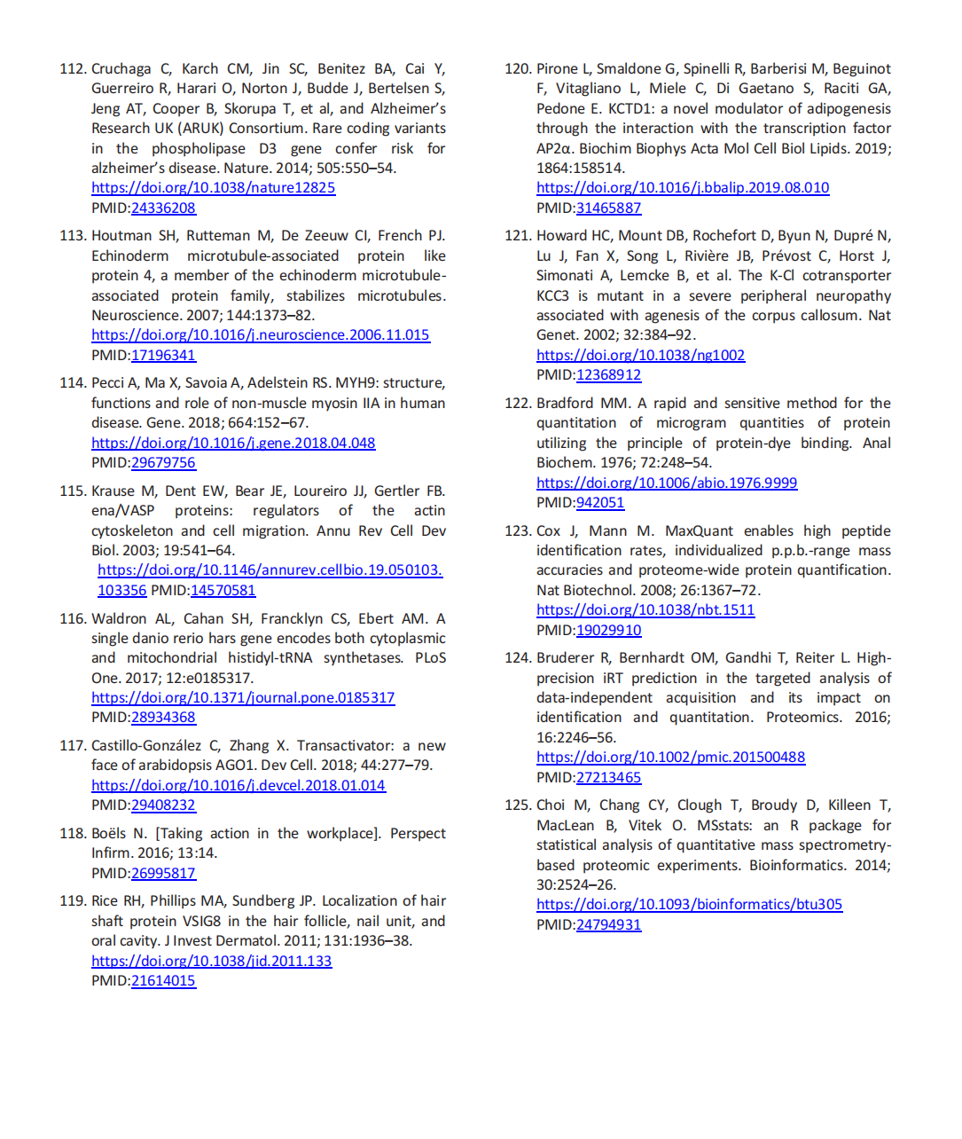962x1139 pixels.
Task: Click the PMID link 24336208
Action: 163,208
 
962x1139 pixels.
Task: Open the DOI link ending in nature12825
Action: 213,187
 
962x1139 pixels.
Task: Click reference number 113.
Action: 73,236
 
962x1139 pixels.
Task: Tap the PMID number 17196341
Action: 163,355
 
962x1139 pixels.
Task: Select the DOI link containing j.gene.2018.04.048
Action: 233,443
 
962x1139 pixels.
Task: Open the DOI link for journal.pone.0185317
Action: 243,697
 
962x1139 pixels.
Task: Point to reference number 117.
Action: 73,746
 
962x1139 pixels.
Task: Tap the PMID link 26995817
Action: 163,873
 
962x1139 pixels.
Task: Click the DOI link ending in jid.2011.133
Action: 211,961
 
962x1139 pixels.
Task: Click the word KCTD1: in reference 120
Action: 632,108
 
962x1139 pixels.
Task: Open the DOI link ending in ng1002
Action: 640,355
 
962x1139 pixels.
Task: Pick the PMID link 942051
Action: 600,502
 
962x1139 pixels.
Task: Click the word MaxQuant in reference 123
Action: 699,530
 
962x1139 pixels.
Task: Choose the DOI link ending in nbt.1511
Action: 645,609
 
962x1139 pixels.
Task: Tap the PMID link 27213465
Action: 608,777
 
